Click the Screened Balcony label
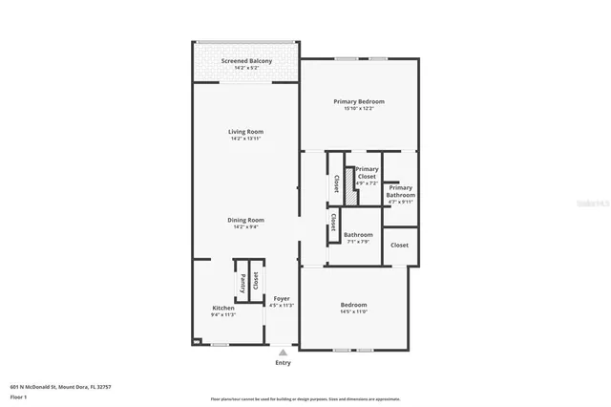point(246,61)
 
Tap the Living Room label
point(245,131)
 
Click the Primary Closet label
point(367,173)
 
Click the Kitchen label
point(222,308)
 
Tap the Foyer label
point(283,298)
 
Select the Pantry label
point(242,283)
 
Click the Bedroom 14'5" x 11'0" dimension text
point(353,311)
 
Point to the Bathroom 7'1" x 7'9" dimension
point(358,241)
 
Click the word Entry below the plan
point(283,363)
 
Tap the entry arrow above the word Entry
point(283,352)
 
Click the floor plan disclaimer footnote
point(305,398)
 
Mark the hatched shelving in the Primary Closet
point(350,186)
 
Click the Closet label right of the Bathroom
point(399,246)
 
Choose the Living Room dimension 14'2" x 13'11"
point(245,139)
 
